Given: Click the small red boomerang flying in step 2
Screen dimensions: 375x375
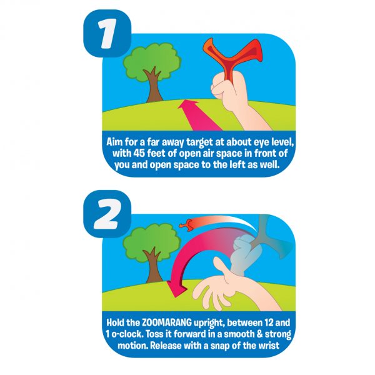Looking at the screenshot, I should click(186, 222).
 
